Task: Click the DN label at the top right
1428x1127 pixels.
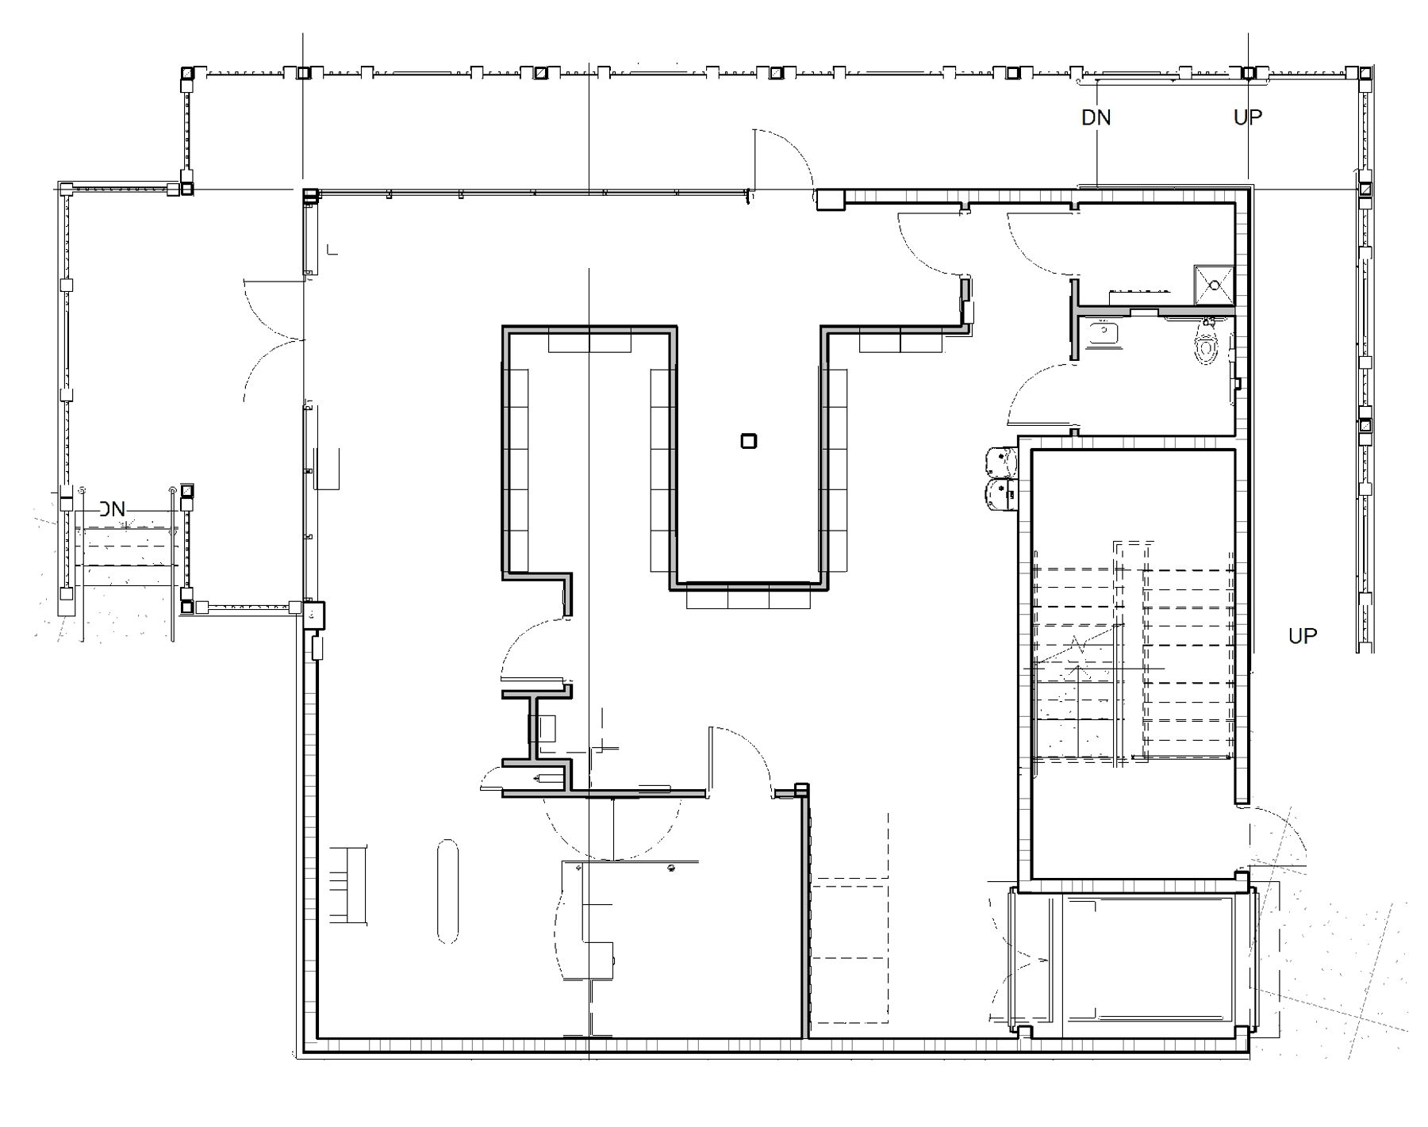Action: tap(1096, 118)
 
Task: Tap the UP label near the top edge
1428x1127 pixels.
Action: tap(1248, 117)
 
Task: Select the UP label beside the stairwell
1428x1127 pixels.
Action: tap(1303, 636)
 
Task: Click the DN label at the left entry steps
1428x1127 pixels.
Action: tap(112, 509)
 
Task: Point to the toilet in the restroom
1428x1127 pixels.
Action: tap(1207, 343)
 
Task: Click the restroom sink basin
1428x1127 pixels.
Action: tap(1103, 333)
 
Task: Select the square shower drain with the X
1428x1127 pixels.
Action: tap(1214, 285)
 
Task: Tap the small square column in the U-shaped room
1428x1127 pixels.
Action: tap(748, 441)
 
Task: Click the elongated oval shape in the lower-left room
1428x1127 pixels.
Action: tap(447, 891)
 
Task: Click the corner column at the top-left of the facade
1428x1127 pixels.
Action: tap(186, 74)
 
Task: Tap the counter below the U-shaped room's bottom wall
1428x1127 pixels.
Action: tap(748, 596)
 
